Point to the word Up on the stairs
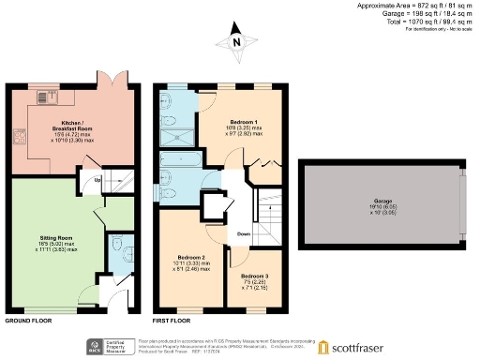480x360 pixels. tap(98, 179)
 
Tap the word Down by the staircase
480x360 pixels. tap(243, 233)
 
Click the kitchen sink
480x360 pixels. tap(44, 97)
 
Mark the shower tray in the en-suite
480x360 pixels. tap(178, 137)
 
